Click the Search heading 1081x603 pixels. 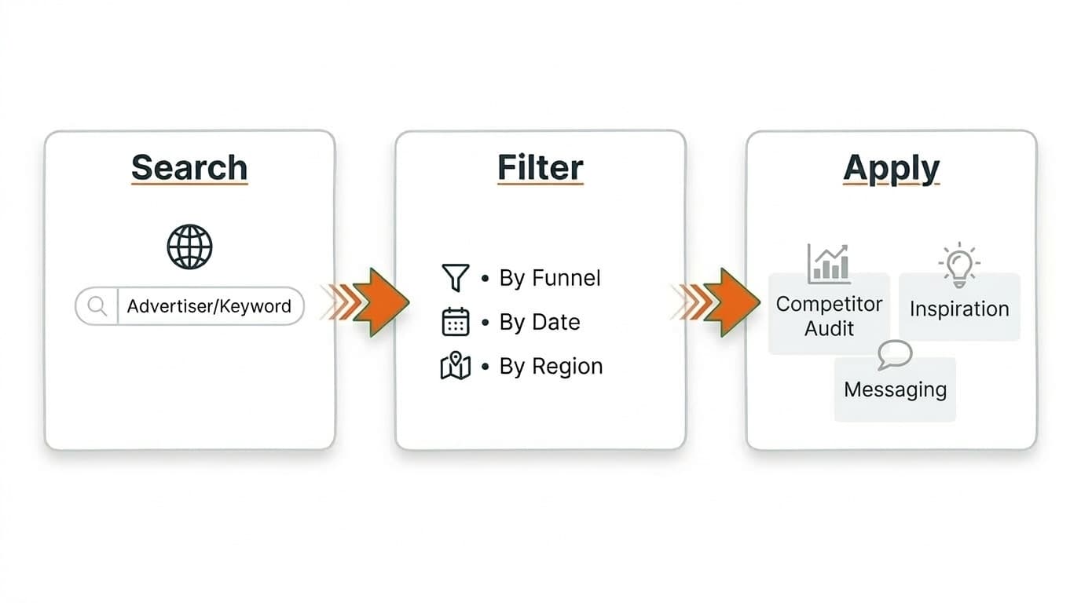click(189, 167)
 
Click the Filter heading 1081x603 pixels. click(540, 167)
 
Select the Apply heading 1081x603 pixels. click(891, 168)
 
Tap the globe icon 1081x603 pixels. click(189, 247)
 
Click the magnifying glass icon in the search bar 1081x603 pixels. click(97, 305)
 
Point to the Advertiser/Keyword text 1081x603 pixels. click(209, 306)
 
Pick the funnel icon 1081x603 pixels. click(455, 278)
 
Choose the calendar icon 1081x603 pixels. click(456, 322)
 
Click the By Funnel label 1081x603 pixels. click(550, 278)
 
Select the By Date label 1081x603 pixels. click(540, 322)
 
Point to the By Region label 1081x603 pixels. click(551, 367)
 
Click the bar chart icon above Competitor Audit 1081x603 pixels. click(828, 263)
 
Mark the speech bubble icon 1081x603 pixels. click(895, 355)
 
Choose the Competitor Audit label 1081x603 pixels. click(829, 316)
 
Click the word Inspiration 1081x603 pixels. click(959, 309)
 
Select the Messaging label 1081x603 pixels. click(895, 389)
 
